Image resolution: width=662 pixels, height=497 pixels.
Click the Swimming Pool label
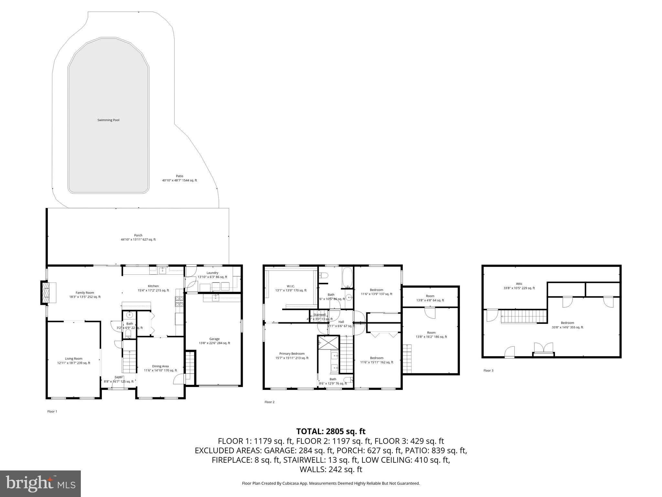(x=108, y=120)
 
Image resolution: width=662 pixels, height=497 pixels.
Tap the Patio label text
(x=179, y=176)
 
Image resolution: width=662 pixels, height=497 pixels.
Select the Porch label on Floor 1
(x=138, y=235)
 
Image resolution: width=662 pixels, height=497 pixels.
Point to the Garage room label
(x=214, y=339)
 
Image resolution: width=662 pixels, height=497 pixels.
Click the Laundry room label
(x=212, y=273)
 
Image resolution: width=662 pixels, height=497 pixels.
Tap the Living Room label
(x=74, y=359)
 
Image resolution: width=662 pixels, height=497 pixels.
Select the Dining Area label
(x=160, y=366)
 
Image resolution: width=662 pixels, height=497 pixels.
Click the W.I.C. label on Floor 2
(x=291, y=286)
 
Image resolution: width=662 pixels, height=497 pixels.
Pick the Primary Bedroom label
(x=292, y=354)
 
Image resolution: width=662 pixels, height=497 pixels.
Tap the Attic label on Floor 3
(x=519, y=284)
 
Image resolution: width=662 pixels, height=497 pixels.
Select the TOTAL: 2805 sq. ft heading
(x=331, y=431)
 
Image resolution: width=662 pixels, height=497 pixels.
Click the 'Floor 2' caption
(x=269, y=402)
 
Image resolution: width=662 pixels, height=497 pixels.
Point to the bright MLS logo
(x=40, y=484)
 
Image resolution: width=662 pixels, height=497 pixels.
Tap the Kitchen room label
(x=153, y=286)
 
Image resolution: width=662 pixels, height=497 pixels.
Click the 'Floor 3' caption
(x=488, y=370)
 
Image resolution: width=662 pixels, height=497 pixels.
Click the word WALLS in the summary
(x=313, y=469)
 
